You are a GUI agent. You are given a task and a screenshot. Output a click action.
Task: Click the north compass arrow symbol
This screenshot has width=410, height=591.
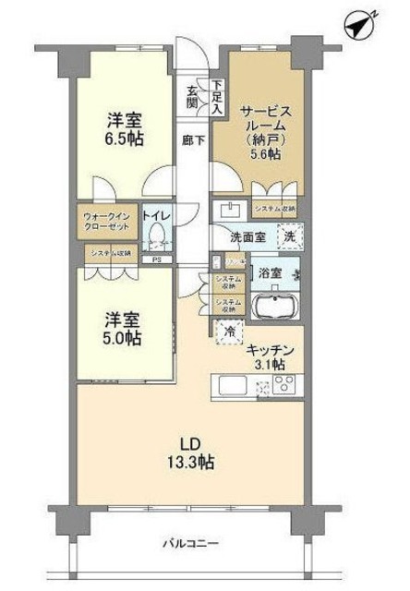point(360,25)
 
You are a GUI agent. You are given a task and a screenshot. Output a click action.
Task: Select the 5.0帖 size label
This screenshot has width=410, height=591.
point(122,338)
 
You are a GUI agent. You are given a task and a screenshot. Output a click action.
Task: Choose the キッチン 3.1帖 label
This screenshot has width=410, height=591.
point(270,357)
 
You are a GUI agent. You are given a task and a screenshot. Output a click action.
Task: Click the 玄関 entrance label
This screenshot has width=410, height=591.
point(193,96)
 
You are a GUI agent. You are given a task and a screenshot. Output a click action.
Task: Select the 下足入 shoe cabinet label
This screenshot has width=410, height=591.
point(216,96)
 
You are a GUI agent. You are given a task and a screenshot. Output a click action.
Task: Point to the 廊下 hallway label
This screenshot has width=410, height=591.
point(192,141)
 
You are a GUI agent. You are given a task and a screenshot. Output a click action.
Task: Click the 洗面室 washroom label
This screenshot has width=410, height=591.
point(247,236)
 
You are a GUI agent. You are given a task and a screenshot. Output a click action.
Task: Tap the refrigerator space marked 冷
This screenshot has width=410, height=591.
point(227,331)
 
